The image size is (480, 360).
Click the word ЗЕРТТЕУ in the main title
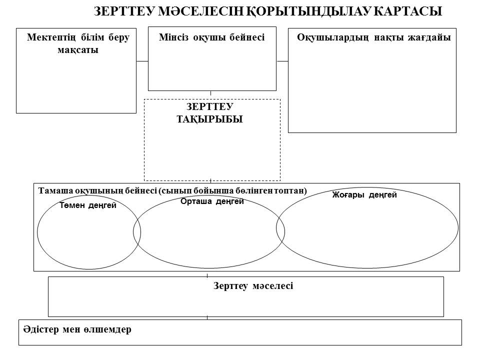(124, 11)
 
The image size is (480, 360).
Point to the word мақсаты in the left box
(78, 50)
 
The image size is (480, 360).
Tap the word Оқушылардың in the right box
(333, 37)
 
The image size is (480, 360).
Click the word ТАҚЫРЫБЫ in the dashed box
(209, 119)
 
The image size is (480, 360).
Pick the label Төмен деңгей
(88, 205)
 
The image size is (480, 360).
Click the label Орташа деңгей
(212, 201)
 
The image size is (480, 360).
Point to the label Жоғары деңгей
(364, 194)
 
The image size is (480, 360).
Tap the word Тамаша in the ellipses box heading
(55, 190)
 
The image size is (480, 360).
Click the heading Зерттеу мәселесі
(253, 286)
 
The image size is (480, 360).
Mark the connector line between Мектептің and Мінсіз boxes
(142, 61)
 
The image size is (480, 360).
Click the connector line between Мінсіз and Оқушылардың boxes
(282, 61)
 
